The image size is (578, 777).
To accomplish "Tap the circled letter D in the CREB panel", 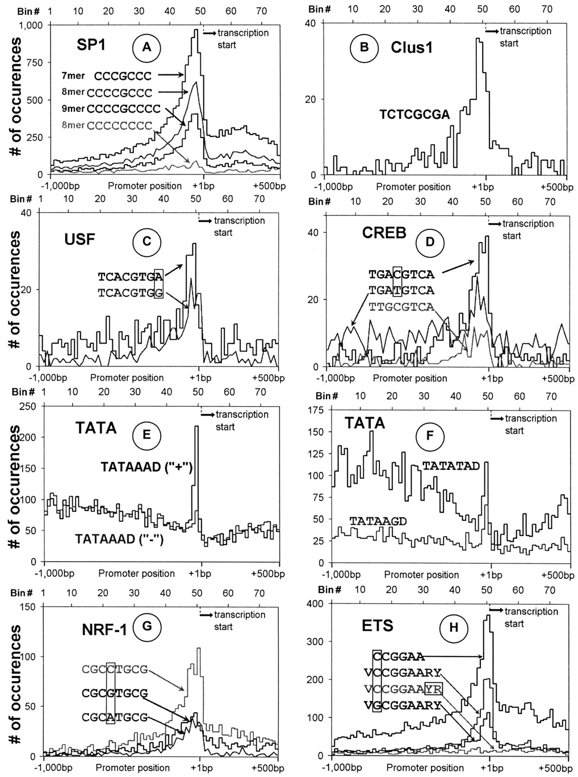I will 430,241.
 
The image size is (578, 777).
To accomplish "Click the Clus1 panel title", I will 412,47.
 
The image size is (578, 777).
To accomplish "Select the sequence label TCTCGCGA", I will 415,115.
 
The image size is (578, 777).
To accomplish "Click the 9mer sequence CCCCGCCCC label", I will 123,108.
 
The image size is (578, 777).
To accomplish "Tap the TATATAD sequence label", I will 451,466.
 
